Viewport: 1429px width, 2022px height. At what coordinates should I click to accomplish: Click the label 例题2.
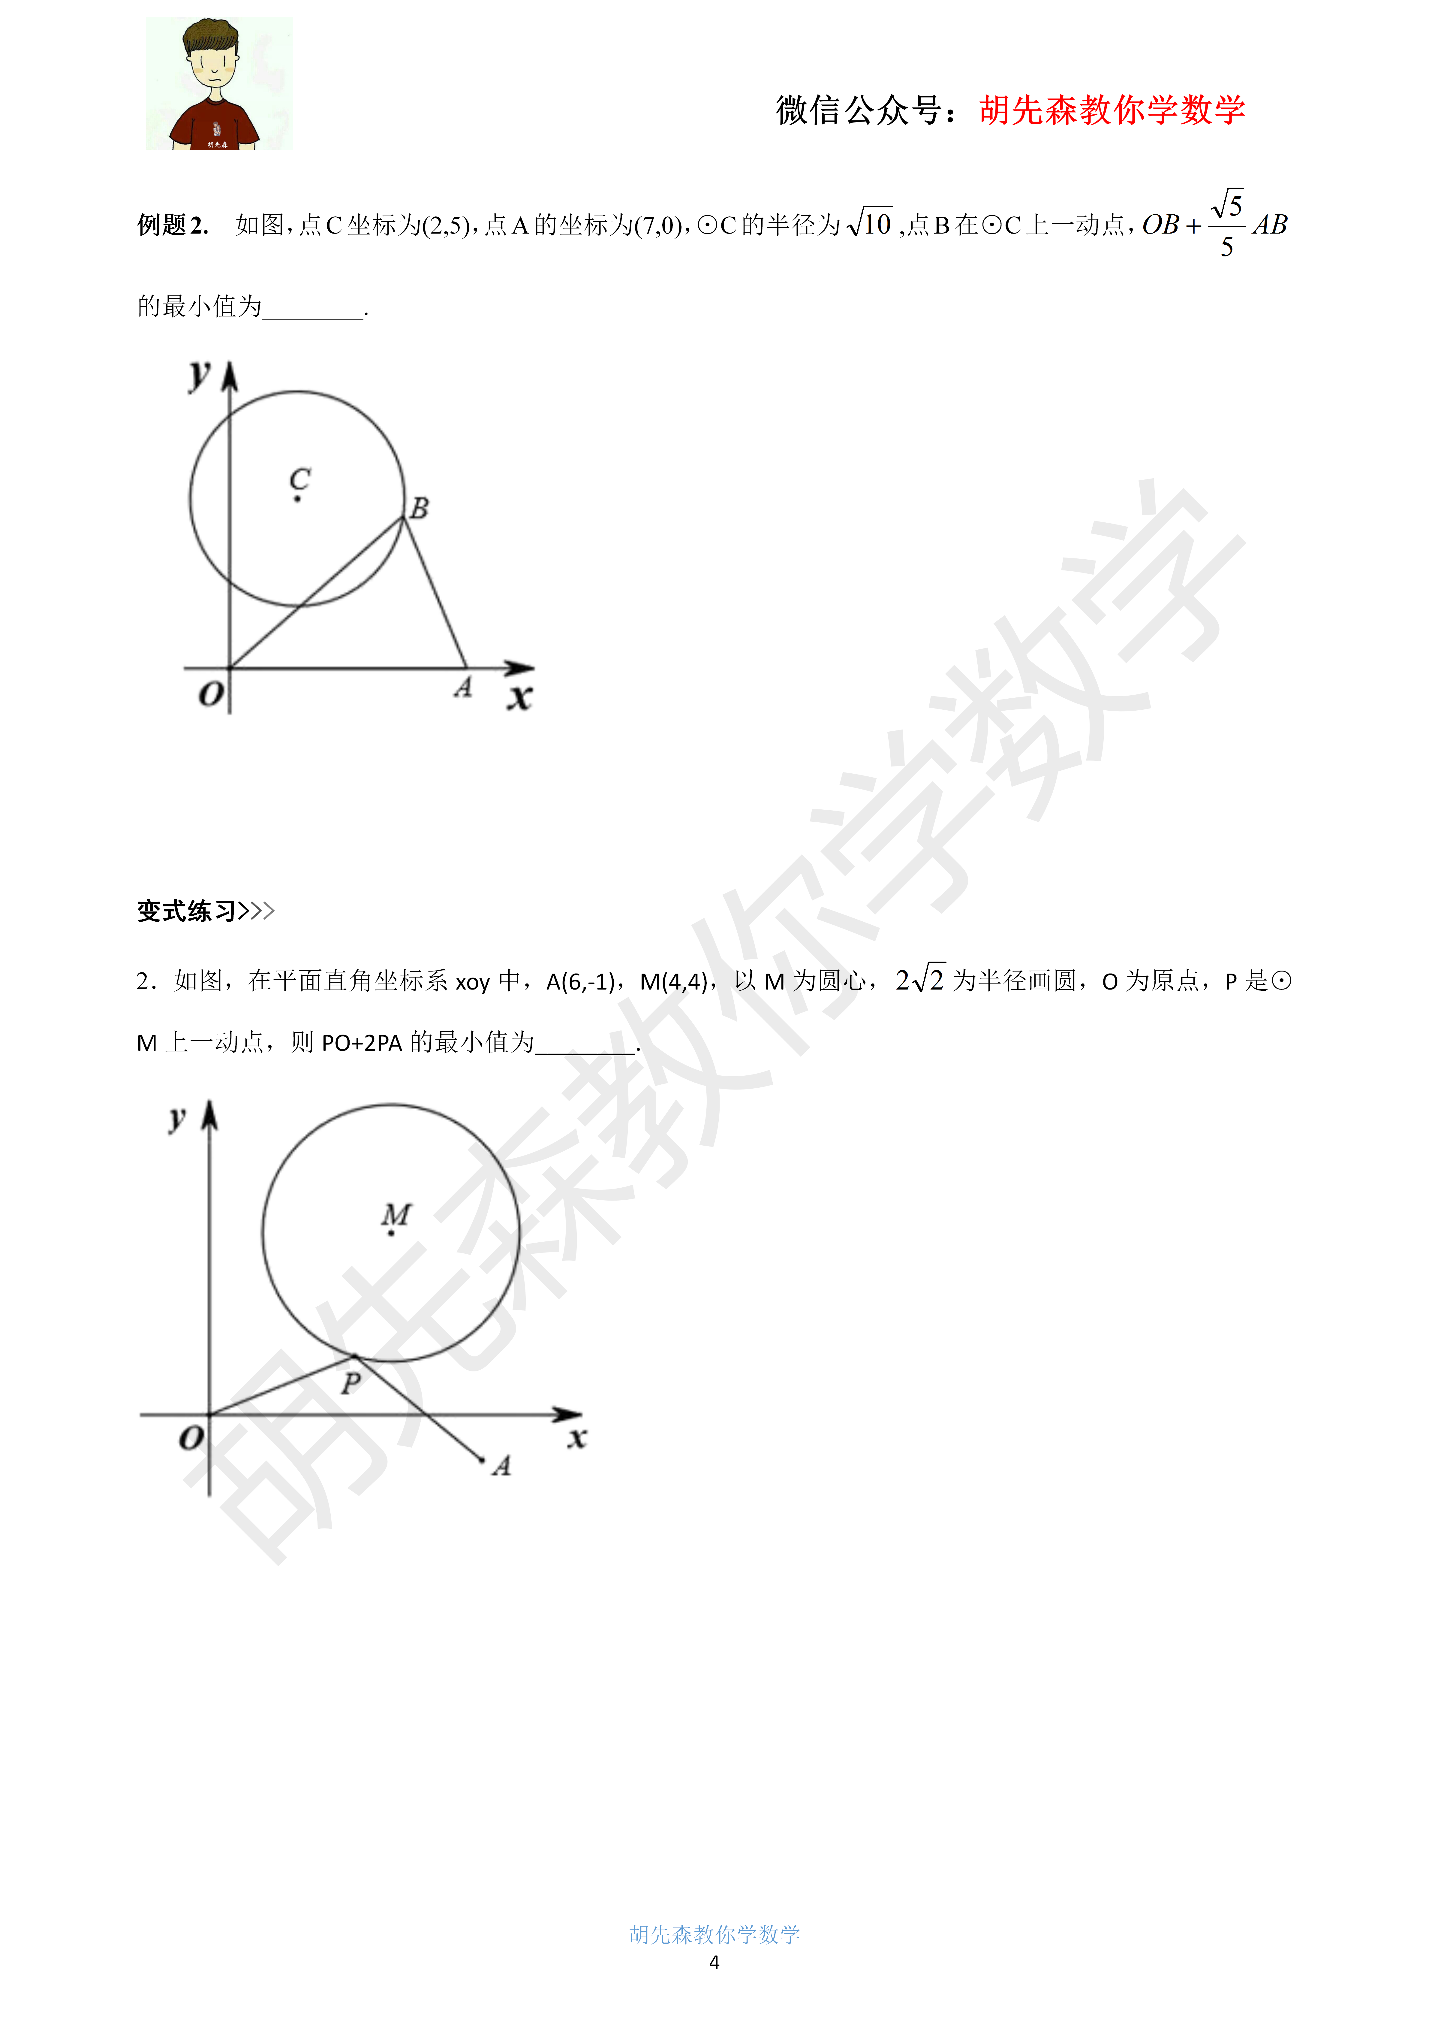tap(173, 225)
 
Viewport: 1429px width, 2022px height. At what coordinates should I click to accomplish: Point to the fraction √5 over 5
tap(1226, 225)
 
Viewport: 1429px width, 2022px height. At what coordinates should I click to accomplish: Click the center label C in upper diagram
tap(300, 480)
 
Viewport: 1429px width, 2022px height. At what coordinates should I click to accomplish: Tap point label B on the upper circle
tap(420, 508)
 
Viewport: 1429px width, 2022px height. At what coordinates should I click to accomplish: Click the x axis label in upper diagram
tap(519, 698)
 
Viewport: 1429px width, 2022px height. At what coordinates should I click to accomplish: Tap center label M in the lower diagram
tap(396, 1215)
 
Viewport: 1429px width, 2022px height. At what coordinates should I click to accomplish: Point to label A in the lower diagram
tap(502, 1465)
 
